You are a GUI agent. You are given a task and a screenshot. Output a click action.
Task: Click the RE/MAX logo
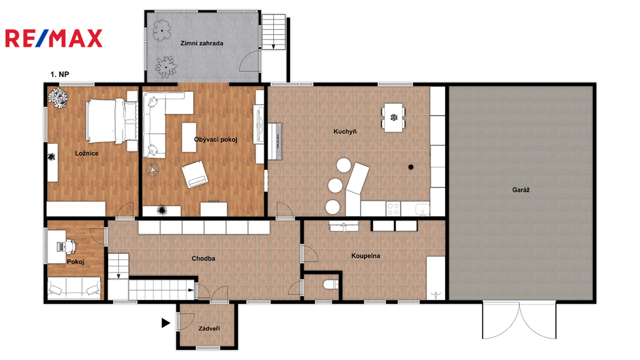click(54, 38)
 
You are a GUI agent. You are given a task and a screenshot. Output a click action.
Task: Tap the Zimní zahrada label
click(202, 43)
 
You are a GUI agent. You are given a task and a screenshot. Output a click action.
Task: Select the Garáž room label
click(521, 190)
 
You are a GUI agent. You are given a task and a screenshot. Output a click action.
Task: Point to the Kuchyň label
click(345, 131)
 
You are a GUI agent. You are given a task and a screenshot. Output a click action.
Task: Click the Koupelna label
click(366, 256)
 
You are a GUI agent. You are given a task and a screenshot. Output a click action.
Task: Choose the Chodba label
click(203, 258)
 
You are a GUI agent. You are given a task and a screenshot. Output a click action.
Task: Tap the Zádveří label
click(209, 328)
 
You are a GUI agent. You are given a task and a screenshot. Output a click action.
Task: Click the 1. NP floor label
click(59, 74)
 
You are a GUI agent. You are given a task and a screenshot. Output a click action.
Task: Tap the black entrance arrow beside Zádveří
click(166, 323)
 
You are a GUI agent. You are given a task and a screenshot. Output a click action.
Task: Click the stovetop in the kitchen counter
click(393, 209)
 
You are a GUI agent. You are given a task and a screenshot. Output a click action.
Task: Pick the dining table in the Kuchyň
click(394, 118)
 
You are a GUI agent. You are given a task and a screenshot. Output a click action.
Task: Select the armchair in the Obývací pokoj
click(195, 174)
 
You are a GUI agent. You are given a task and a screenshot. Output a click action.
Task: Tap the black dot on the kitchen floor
click(411, 167)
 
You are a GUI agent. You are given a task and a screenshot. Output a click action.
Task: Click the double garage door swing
click(519, 321)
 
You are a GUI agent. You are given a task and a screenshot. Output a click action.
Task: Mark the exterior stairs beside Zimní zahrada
click(274, 32)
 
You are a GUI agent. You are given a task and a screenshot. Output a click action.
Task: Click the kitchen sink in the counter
click(422, 209)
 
